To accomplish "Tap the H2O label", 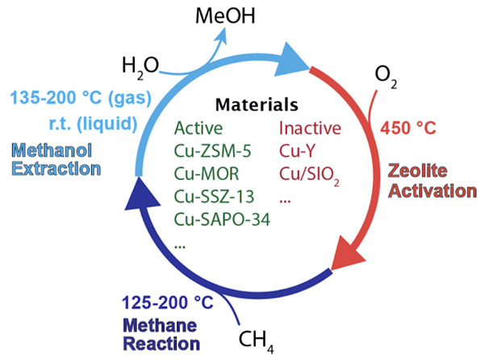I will pos(140,64).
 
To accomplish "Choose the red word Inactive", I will pos(311,128).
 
